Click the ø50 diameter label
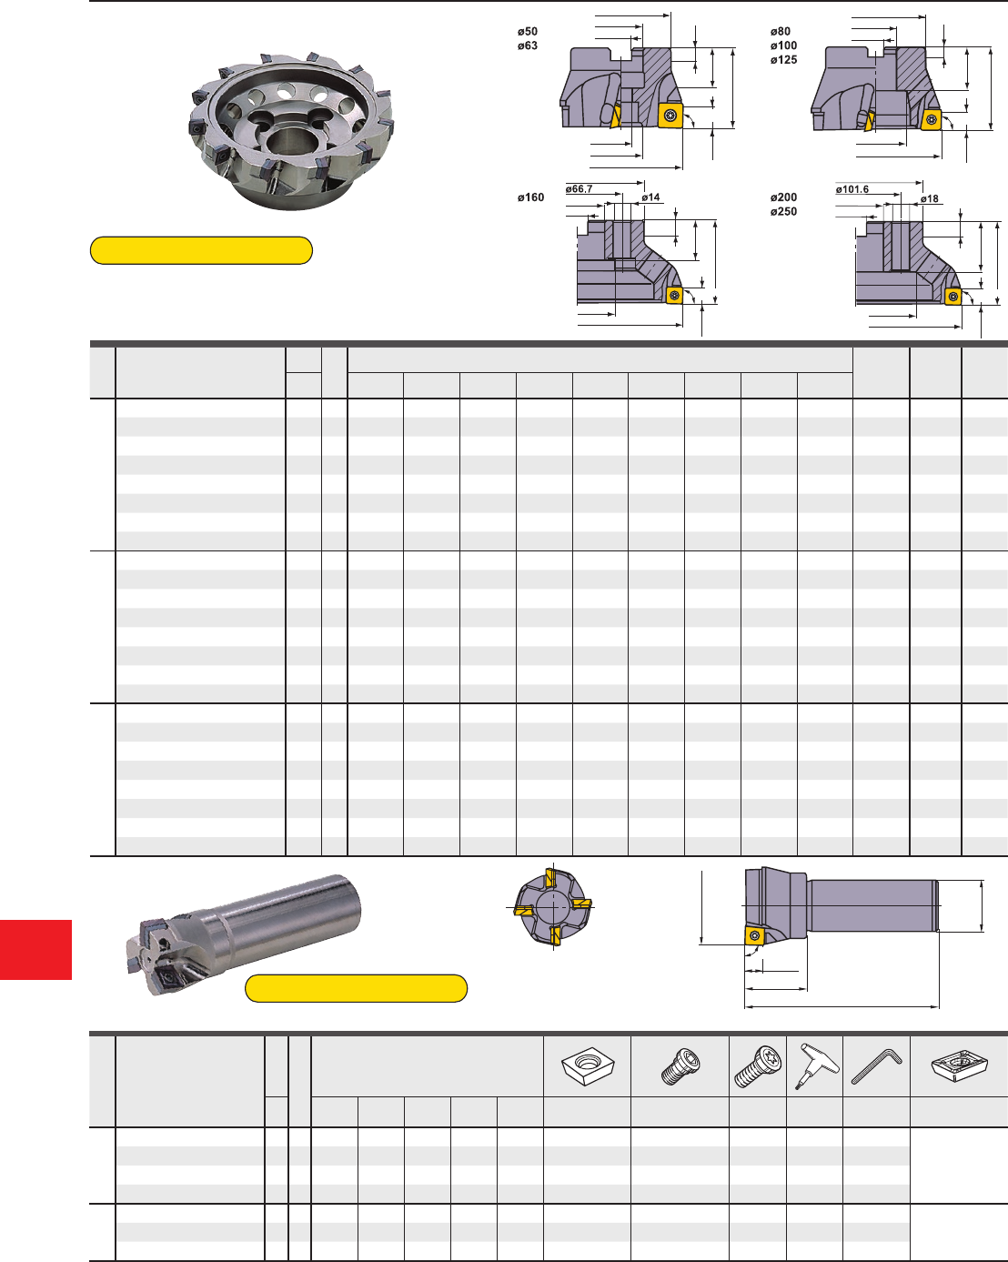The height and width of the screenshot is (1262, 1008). tap(527, 32)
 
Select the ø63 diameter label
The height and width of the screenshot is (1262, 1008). tap(527, 45)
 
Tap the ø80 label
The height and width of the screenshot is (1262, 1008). tap(780, 32)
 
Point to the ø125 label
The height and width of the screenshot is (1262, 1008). tap(783, 60)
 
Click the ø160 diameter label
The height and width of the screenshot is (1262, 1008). tap(530, 197)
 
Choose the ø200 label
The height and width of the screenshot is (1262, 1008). tap(783, 197)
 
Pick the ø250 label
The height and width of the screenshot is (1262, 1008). tap(783, 212)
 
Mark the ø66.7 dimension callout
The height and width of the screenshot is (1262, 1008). tap(579, 189)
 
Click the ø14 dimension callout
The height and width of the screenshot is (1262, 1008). tap(650, 197)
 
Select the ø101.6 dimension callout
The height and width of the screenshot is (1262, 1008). tap(852, 189)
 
